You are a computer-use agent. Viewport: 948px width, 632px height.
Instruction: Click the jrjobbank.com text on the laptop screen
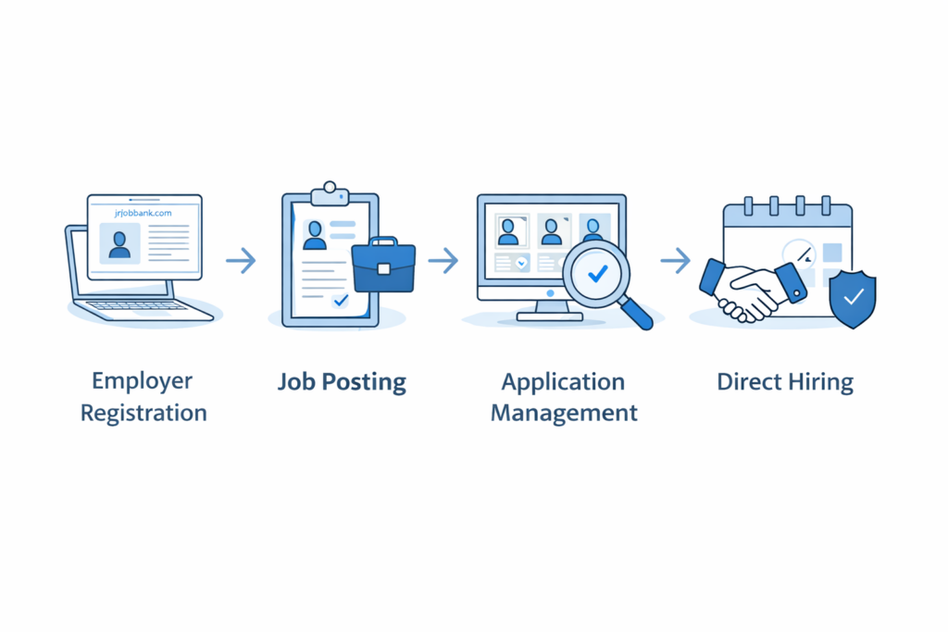[x=143, y=212]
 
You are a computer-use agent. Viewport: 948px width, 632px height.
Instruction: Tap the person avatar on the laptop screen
[x=119, y=243]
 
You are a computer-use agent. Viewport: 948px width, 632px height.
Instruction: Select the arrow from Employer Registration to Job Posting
[x=241, y=261]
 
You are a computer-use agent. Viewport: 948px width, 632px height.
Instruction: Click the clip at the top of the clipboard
[x=330, y=193]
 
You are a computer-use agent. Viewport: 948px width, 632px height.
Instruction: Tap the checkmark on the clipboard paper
[x=341, y=300]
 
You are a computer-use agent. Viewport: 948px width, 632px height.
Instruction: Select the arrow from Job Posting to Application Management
[x=443, y=261]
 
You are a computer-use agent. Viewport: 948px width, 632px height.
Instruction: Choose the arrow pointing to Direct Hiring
[x=676, y=261]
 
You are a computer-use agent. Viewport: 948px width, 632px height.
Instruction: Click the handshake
[x=753, y=289]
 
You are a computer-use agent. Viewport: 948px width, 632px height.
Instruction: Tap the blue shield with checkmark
[x=853, y=298]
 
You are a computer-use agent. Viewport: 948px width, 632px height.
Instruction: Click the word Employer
[x=143, y=380]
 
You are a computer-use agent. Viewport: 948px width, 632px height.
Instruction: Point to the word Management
[x=564, y=413]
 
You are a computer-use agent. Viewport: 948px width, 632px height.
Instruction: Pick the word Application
[x=563, y=381]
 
